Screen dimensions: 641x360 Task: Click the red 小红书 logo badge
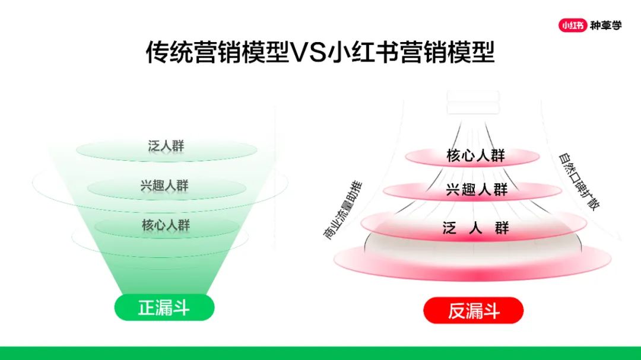(x=573, y=26)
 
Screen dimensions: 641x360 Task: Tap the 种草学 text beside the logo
(x=606, y=26)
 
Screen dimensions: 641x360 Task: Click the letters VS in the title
(x=308, y=52)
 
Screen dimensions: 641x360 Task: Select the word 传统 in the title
(x=170, y=52)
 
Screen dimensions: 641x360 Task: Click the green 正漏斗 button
(x=164, y=307)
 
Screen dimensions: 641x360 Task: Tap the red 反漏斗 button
(x=474, y=311)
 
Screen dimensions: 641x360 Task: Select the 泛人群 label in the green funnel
(x=166, y=146)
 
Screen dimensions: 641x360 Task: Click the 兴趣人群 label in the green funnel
(x=164, y=186)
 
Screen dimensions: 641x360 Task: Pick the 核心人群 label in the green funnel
(x=166, y=225)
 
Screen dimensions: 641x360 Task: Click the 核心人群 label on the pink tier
(x=476, y=155)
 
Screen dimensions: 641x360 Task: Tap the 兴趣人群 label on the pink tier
(x=477, y=190)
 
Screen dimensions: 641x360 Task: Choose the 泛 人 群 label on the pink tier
(x=476, y=227)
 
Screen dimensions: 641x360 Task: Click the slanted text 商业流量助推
(x=343, y=210)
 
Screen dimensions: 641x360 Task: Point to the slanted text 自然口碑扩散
(x=579, y=181)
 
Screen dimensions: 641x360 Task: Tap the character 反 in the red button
(x=456, y=311)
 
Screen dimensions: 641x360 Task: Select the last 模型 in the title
(x=471, y=52)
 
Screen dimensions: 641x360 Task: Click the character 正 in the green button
(x=147, y=307)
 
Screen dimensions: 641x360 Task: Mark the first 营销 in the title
(x=218, y=52)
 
